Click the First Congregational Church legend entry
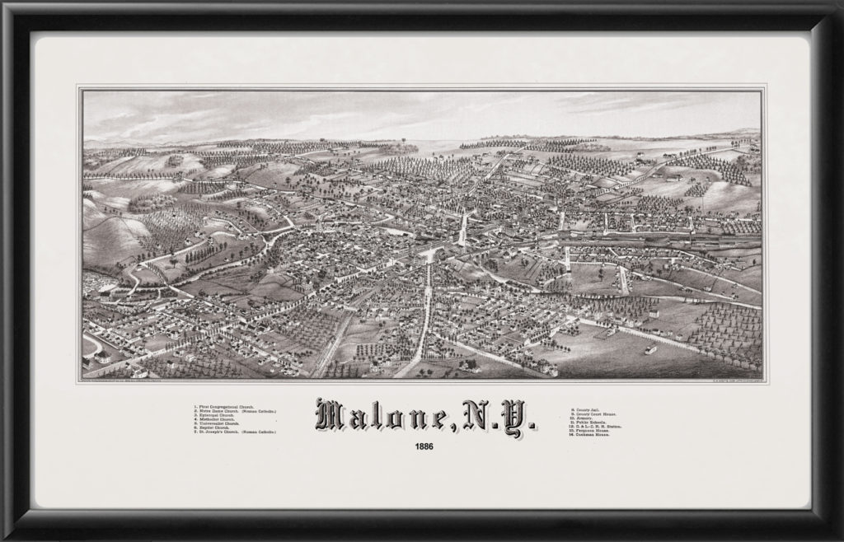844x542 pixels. click(x=224, y=405)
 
